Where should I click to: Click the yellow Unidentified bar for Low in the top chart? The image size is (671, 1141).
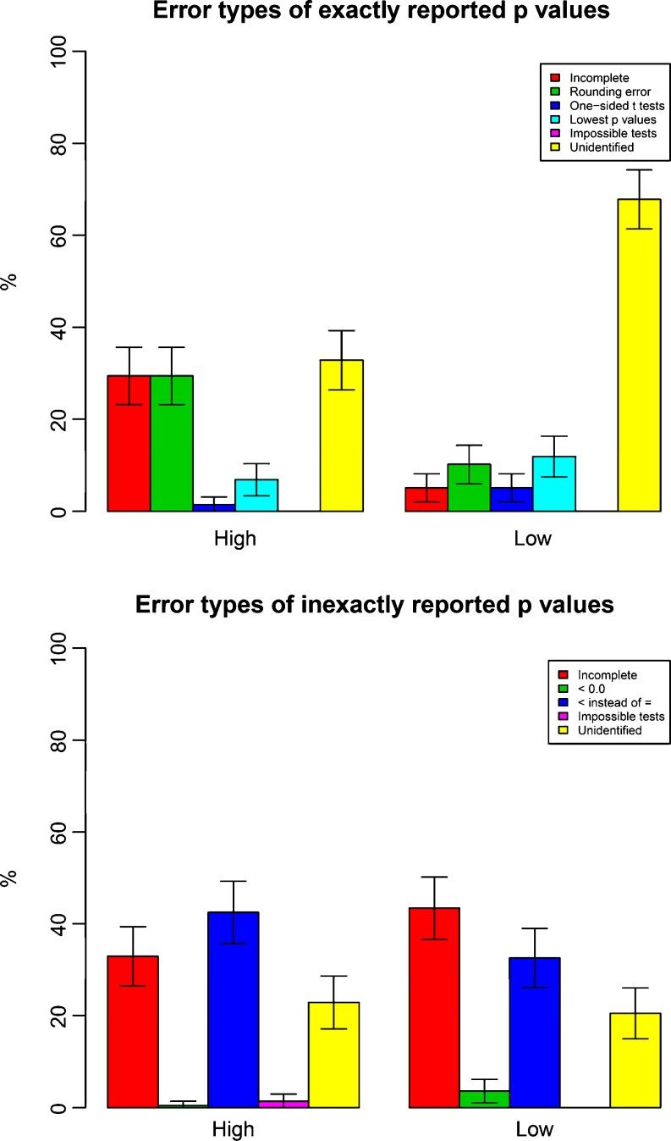[639, 356]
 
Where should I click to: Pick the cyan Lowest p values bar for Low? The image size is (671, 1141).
[554, 484]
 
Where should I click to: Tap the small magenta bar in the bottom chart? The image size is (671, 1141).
[283, 1104]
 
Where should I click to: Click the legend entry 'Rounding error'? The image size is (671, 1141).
[602, 92]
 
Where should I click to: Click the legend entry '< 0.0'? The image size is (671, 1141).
[591, 689]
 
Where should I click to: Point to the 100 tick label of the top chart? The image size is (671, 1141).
[60, 52]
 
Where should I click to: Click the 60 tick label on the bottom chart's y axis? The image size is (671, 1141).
[60, 832]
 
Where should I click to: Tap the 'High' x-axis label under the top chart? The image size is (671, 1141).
[235, 539]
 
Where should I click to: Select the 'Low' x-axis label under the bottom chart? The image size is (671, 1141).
[533, 1130]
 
